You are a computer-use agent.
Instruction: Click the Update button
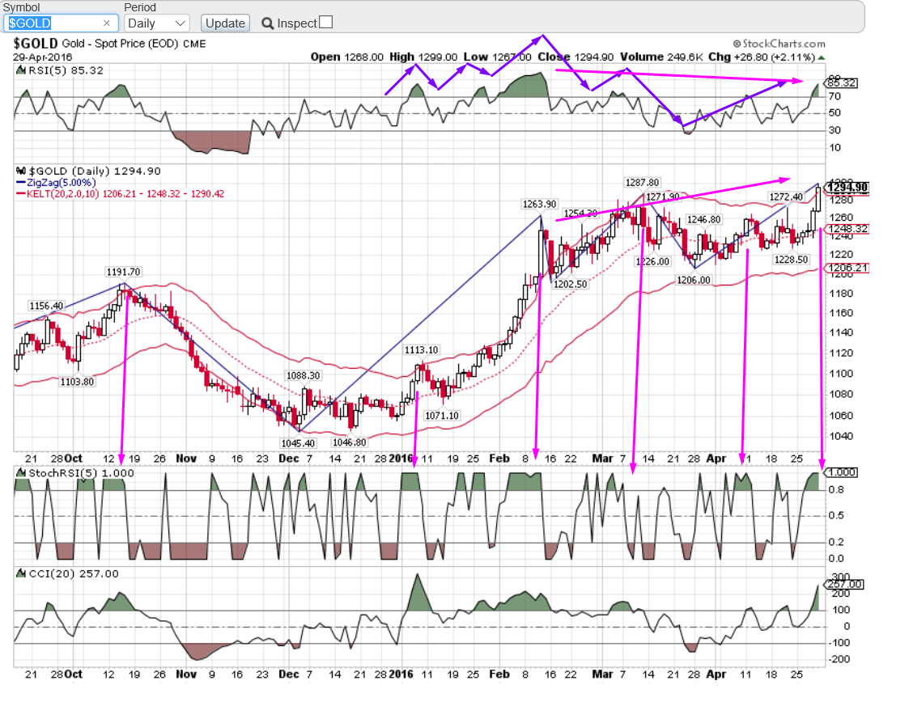click(x=225, y=23)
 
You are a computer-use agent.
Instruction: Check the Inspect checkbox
click(x=325, y=23)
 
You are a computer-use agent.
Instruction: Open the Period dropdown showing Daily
click(x=157, y=23)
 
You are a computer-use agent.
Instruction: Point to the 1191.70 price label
click(x=123, y=273)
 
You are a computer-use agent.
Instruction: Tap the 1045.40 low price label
click(x=299, y=442)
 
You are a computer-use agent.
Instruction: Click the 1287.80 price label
click(x=642, y=183)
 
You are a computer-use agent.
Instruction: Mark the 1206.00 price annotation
click(x=693, y=280)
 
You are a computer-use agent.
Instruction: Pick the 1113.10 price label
click(x=422, y=350)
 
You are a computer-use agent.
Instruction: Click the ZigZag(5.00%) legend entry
click(x=60, y=184)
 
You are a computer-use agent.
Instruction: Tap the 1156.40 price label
click(x=45, y=306)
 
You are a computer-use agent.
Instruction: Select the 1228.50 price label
click(x=791, y=260)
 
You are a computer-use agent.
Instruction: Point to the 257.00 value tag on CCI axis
click(x=844, y=584)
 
